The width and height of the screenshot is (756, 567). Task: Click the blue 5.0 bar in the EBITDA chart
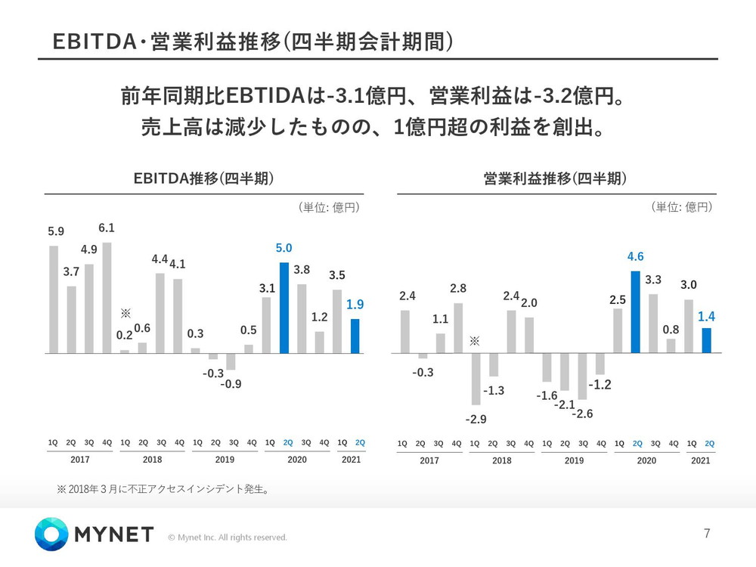(x=284, y=308)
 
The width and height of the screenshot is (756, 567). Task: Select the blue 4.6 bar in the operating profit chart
(x=636, y=311)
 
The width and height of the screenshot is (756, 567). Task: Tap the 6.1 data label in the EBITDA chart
(x=107, y=228)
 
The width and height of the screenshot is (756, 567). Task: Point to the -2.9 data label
(x=475, y=418)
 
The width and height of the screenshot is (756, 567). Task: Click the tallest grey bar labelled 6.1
(x=107, y=298)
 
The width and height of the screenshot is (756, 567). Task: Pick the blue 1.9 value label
(x=355, y=305)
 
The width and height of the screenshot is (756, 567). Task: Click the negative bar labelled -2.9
(x=476, y=379)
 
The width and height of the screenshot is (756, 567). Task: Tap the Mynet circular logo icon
(x=51, y=534)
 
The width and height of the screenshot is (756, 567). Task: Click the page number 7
(x=707, y=534)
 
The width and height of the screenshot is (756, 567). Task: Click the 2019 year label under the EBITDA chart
(x=225, y=460)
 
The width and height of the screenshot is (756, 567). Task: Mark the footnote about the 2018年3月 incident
(x=163, y=489)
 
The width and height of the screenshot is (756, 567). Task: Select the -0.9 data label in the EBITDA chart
(x=231, y=384)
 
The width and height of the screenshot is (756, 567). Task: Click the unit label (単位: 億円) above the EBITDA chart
(x=328, y=207)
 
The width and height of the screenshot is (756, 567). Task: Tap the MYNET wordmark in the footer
(x=114, y=535)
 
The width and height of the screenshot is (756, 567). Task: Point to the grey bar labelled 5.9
(x=54, y=299)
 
